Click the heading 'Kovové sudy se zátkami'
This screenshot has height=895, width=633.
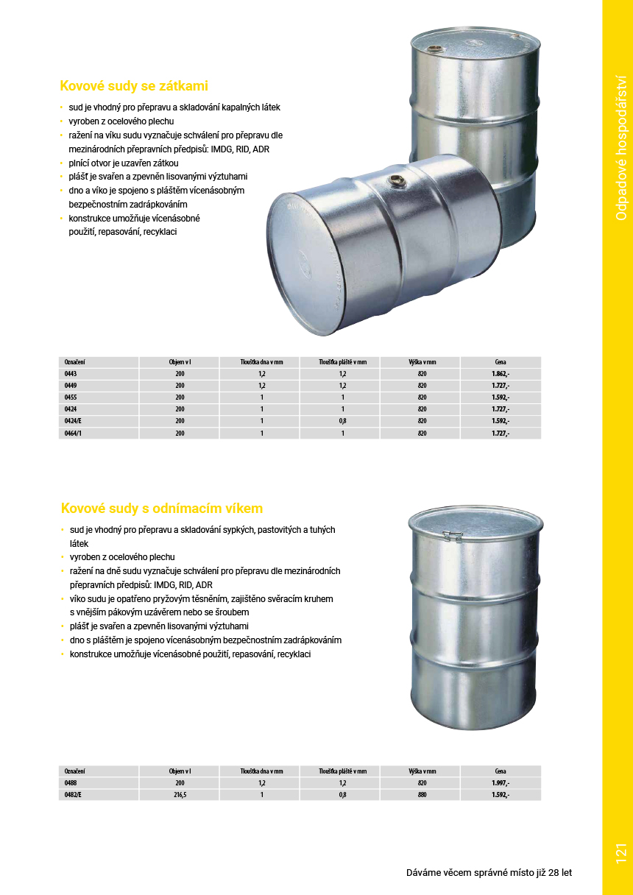click(x=134, y=86)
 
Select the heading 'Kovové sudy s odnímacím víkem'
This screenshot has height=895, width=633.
click(x=161, y=509)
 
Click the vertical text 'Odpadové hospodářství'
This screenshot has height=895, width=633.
click(x=620, y=148)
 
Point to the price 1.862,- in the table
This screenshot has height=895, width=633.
click(x=501, y=374)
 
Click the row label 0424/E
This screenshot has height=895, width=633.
click(x=74, y=421)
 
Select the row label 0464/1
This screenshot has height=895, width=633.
click(x=74, y=434)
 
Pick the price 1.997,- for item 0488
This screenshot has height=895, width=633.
click(x=501, y=783)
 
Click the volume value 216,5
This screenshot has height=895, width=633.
click(x=180, y=795)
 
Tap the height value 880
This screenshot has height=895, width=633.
click(x=422, y=795)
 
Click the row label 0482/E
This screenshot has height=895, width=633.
click(x=74, y=795)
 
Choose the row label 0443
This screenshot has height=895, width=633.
click(x=71, y=374)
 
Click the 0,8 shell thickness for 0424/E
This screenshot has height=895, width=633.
click(x=342, y=421)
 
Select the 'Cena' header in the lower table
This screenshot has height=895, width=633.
click(x=501, y=771)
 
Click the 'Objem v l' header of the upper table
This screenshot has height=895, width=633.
click(x=180, y=362)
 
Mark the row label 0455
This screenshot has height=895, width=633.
click(x=71, y=397)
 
